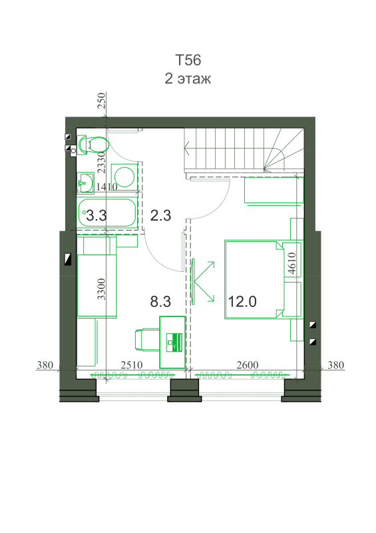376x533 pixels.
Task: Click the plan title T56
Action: [x=188, y=60]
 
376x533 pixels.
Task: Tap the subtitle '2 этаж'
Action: [x=188, y=79]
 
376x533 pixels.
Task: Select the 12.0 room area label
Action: [x=242, y=302]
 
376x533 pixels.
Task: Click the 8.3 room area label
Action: [x=160, y=302]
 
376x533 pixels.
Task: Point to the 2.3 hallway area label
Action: [x=160, y=215]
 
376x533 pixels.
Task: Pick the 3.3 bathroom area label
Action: [x=96, y=215]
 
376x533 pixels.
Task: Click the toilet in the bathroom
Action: [x=93, y=145]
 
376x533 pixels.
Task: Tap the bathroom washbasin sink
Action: [x=85, y=183]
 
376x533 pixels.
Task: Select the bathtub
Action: [x=107, y=213]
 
